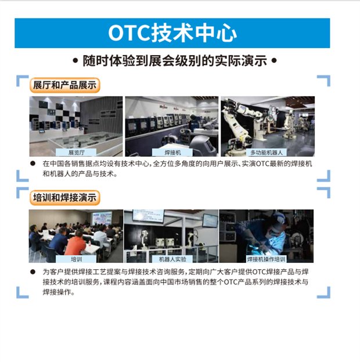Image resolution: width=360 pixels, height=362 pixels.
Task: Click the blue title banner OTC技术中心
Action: click(x=172, y=33)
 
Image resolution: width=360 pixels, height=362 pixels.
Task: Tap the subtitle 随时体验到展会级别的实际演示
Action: click(x=175, y=61)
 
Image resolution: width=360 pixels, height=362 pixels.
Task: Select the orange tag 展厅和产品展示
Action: click(x=64, y=85)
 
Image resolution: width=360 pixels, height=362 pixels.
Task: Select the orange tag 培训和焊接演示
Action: click(x=64, y=198)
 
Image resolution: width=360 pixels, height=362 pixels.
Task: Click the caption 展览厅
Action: click(x=76, y=153)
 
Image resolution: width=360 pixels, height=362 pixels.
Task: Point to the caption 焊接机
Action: click(x=172, y=153)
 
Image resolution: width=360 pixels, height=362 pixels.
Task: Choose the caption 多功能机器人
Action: click(x=267, y=153)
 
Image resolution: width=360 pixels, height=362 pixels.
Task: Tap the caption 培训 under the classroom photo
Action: click(x=76, y=259)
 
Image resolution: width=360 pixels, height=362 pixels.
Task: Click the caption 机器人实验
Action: click(x=172, y=259)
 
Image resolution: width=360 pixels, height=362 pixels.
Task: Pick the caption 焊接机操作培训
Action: click(x=266, y=259)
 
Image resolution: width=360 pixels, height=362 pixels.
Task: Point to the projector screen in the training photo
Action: click(x=102, y=218)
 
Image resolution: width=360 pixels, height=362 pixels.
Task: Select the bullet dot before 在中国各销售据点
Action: click(x=33, y=164)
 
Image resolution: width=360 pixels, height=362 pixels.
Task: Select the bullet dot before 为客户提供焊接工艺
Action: click(x=33, y=271)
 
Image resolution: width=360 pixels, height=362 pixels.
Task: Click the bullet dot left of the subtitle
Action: click(x=75, y=61)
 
